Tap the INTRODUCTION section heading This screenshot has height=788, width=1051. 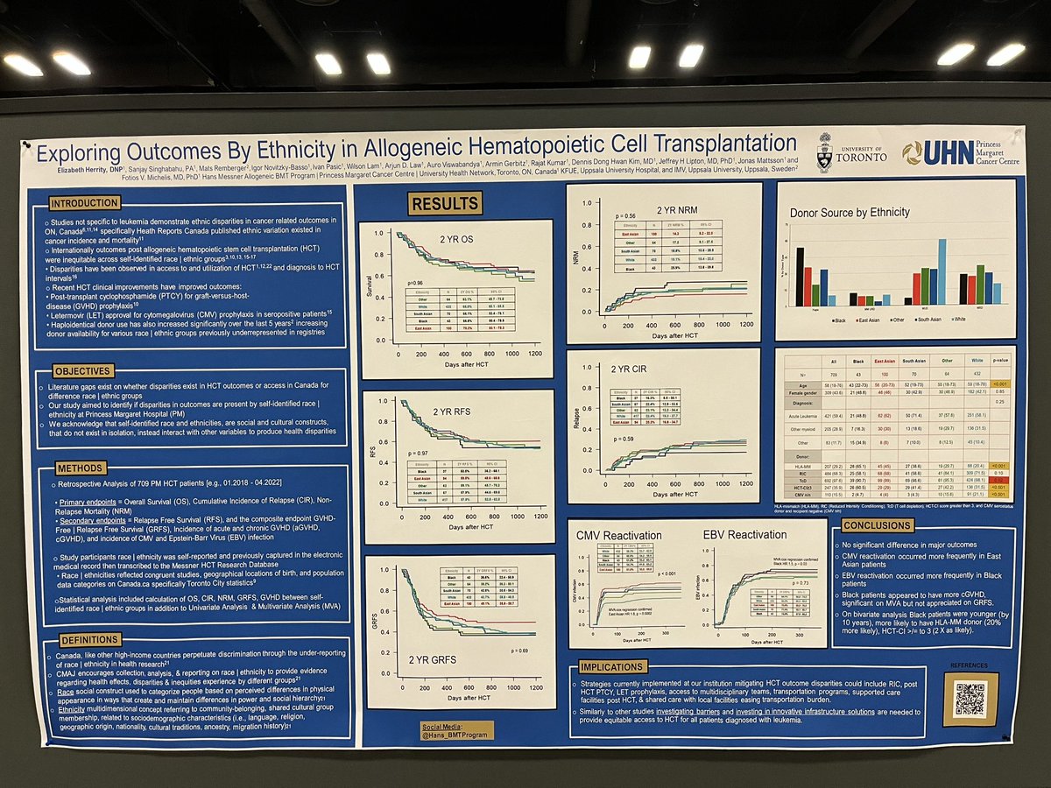tap(85, 202)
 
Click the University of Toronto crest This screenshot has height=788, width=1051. tap(824, 151)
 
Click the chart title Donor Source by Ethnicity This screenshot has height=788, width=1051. tap(850, 212)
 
